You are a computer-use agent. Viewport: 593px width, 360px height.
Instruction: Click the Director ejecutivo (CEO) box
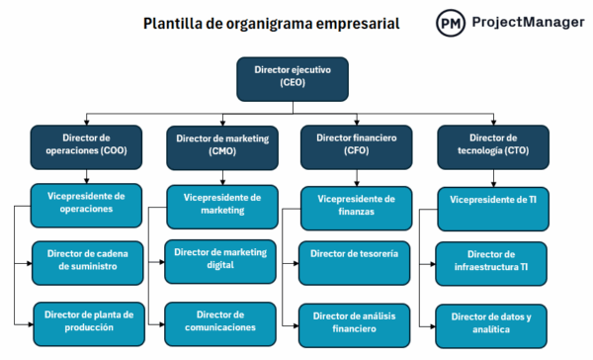tap(292, 78)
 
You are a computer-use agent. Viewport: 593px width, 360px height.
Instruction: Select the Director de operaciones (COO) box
tap(85, 145)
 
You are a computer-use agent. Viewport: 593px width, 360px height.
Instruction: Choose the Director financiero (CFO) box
tap(357, 145)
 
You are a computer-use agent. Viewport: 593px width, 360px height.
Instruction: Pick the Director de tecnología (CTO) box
tap(492, 145)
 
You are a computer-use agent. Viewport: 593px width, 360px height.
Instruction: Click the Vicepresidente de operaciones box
tap(85, 203)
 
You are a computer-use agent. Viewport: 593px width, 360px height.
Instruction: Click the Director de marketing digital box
tap(219, 259)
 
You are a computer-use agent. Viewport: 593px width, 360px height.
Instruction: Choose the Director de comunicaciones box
tap(219, 320)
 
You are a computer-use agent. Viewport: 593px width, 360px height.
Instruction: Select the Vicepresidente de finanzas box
tap(357, 204)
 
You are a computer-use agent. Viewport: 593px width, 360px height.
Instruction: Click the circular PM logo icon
tap(451, 23)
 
